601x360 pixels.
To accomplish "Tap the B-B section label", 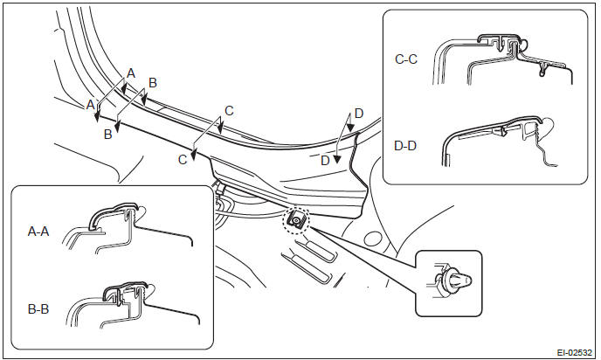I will click(x=38, y=307).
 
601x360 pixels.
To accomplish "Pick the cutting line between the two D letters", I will click(x=341, y=144).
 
